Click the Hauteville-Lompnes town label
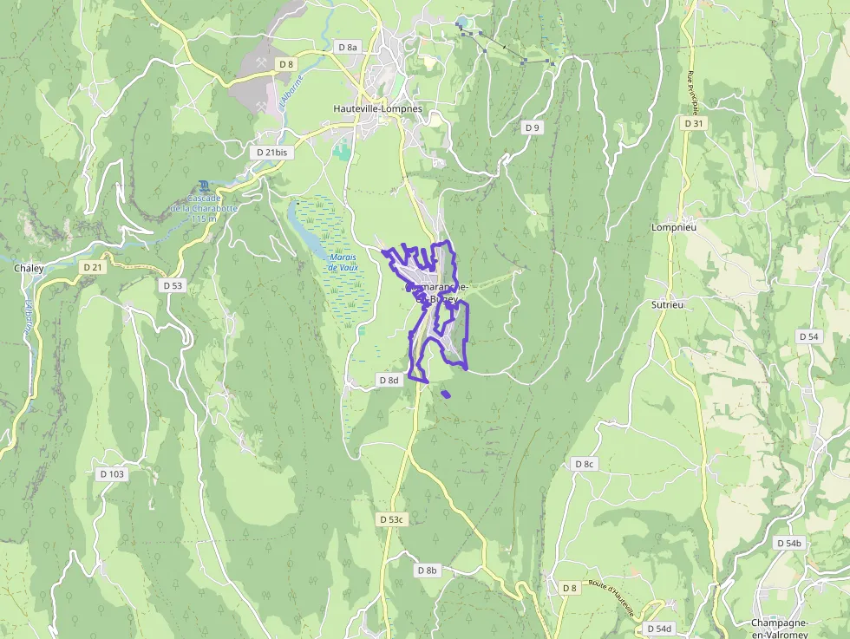pos(377,109)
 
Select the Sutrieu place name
pos(668,305)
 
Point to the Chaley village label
pos(29,269)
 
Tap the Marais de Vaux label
pos(343,263)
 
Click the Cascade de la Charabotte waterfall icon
pos(203,186)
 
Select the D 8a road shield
pos(347,47)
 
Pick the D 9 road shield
pos(533,127)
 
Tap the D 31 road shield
pos(693,124)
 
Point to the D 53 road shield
pos(173,285)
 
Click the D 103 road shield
pos(112,474)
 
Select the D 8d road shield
pos(389,380)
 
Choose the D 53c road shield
pos(392,519)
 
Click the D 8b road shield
pos(428,571)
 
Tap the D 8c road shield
pos(585,464)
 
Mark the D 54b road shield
pos(788,543)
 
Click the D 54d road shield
pos(659,629)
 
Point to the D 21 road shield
pos(93,267)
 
